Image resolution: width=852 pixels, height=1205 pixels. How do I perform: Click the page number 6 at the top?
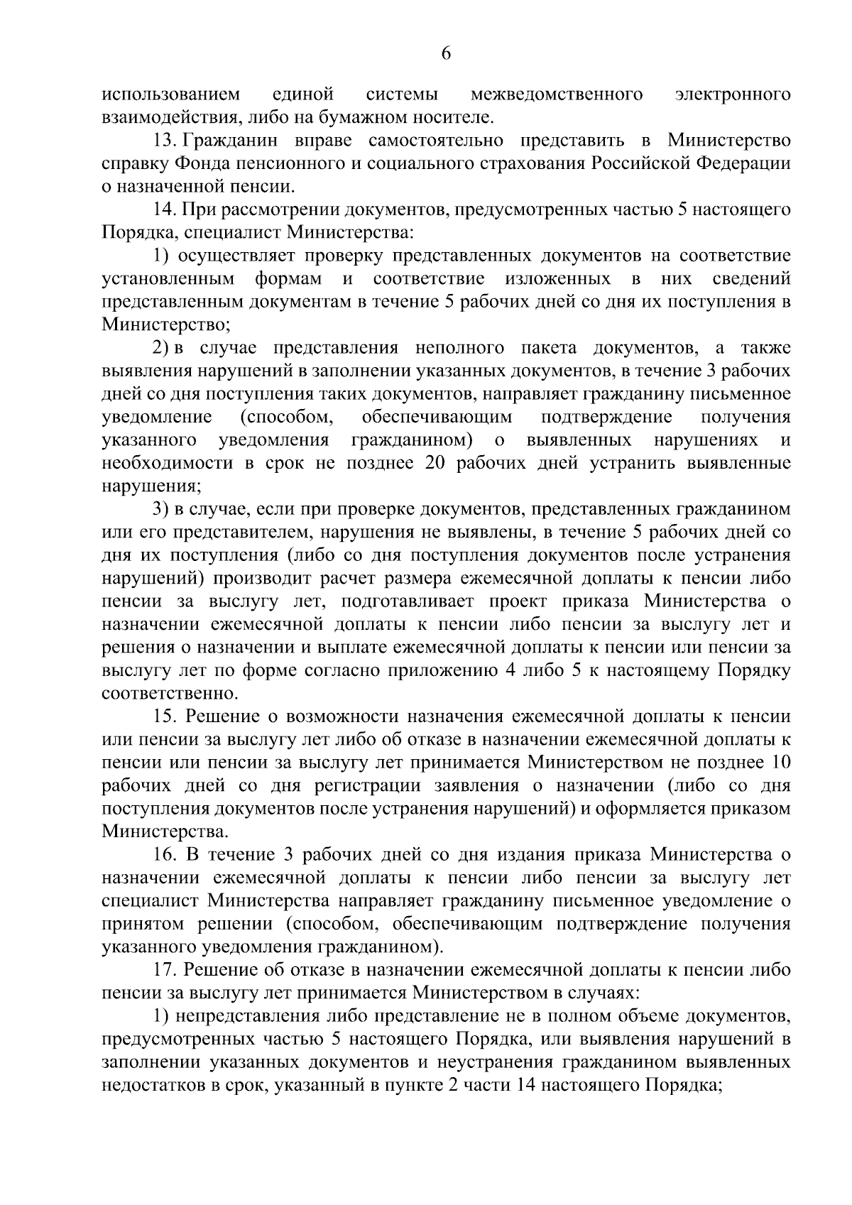click(x=446, y=54)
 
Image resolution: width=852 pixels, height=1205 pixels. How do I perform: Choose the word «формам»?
click(x=288, y=278)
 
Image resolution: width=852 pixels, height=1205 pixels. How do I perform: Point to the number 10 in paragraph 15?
click(x=779, y=763)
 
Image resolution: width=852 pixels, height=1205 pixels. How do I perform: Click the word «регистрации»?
click(x=381, y=786)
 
